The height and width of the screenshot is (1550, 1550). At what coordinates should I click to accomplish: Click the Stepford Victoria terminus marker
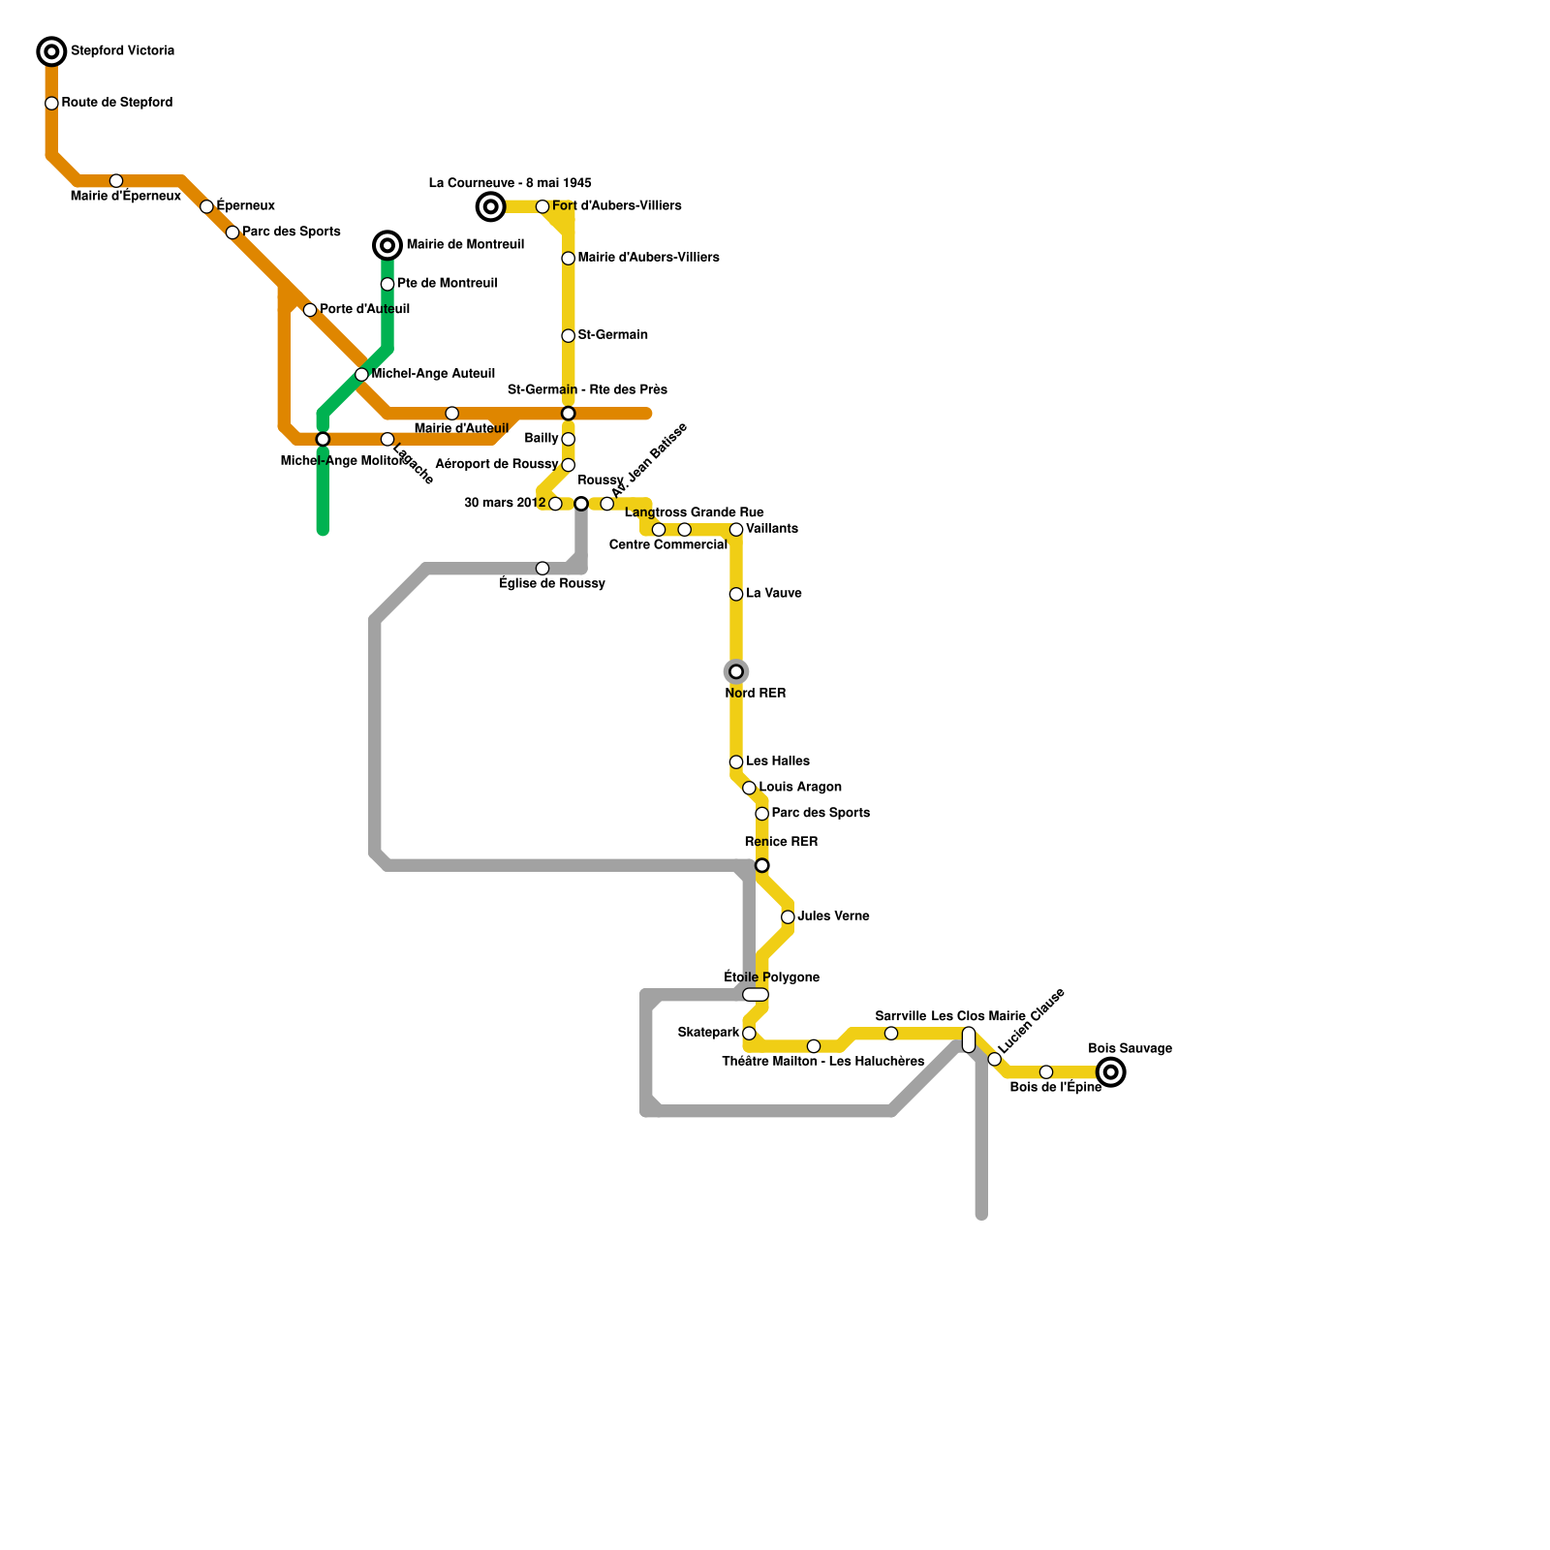(x=51, y=51)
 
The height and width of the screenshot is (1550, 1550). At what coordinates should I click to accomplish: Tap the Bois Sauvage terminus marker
(x=1111, y=1072)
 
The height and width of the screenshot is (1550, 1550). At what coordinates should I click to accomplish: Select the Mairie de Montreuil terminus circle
(x=387, y=246)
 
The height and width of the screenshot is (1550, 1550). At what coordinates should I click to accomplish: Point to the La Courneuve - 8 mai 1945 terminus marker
(x=491, y=206)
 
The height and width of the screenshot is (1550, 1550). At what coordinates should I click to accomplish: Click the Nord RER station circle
(x=736, y=671)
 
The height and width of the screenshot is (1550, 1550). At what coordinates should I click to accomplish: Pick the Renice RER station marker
(x=762, y=865)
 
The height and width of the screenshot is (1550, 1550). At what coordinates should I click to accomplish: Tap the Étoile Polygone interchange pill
(x=756, y=995)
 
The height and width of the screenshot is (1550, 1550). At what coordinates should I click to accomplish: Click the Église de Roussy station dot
(x=542, y=569)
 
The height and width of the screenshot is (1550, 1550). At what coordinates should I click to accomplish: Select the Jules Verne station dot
(x=788, y=917)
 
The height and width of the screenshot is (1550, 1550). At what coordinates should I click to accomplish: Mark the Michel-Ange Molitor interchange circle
(x=323, y=440)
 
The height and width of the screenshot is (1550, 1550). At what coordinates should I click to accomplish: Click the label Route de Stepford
(x=117, y=103)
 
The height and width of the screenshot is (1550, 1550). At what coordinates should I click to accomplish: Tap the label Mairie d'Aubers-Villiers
(x=648, y=258)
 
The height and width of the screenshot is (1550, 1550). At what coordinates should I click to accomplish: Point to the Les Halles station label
(x=778, y=761)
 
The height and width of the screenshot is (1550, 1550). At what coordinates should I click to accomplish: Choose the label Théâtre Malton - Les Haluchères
(x=822, y=1062)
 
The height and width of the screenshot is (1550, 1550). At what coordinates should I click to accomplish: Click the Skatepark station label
(x=708, y=1033)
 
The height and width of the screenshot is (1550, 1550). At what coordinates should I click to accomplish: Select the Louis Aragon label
(x=800, y=788)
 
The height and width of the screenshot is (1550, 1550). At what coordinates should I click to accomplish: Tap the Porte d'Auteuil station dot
(x=310, y=310)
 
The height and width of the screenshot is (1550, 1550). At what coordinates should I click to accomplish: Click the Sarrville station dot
(x=891, y=1034)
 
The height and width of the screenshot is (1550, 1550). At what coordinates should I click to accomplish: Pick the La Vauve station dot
(x=736, y=594)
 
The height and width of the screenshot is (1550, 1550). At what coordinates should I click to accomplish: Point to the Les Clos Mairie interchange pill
(x=969, y=1039)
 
